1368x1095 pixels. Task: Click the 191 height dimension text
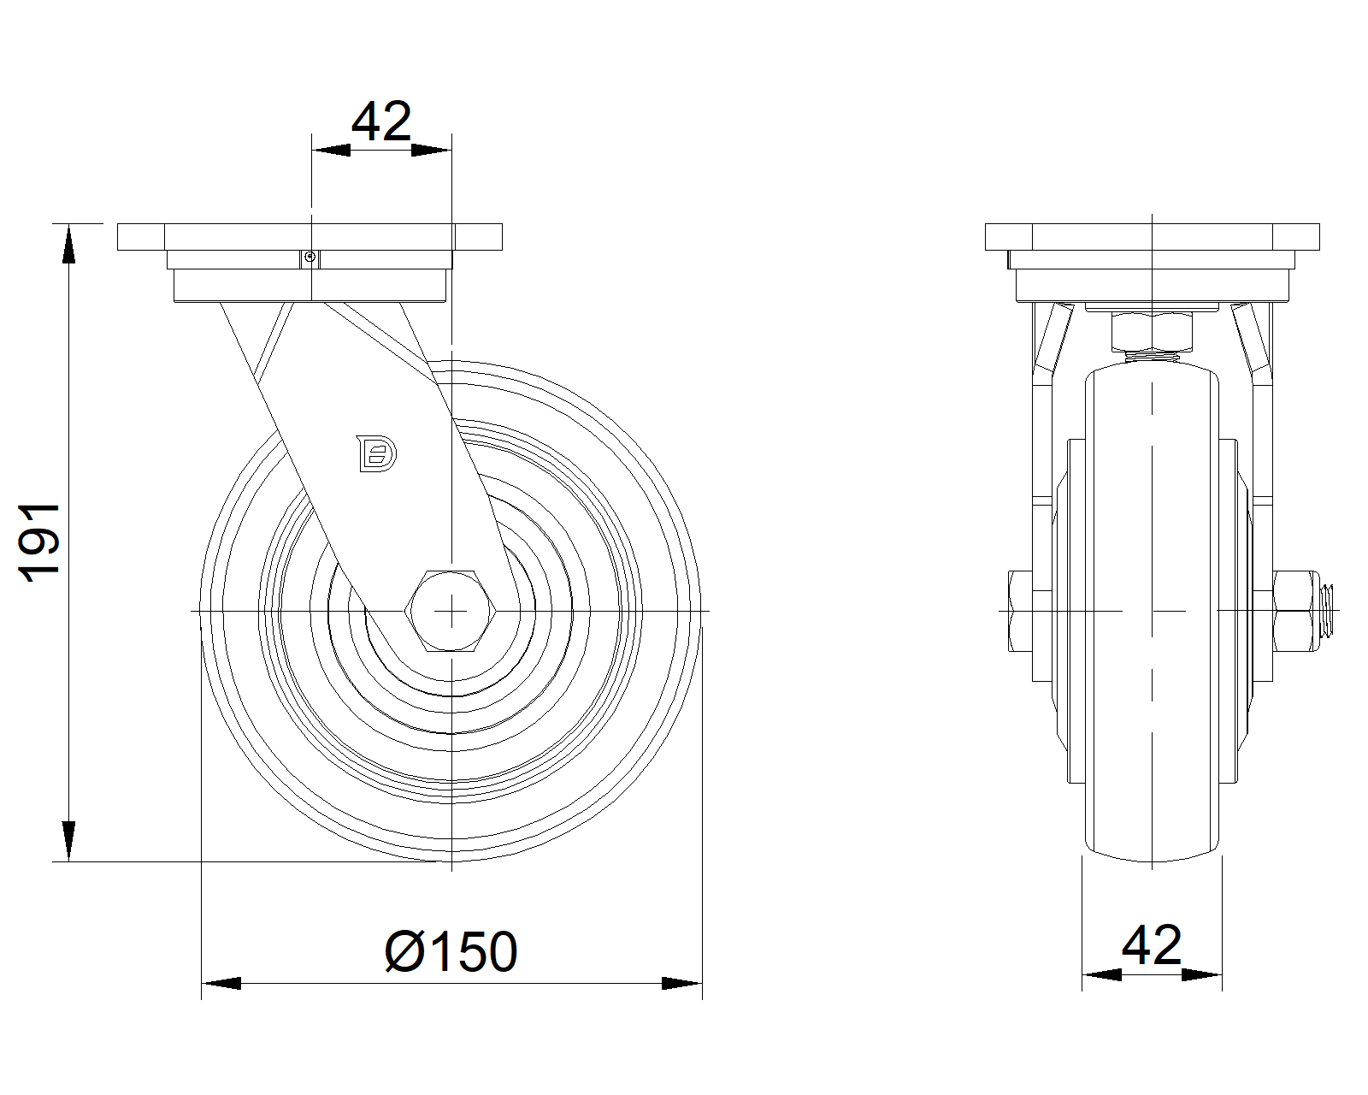[39, 542]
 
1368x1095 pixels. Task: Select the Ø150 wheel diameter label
[451, 952]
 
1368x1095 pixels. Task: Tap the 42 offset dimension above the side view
[381, 121]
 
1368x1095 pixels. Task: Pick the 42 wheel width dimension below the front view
[1151, 945]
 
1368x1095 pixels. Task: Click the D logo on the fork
[376, 453]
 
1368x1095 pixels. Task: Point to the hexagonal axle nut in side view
[451, 611]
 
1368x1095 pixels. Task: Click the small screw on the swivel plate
[310, 257]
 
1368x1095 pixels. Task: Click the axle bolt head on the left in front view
[1020, 611]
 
